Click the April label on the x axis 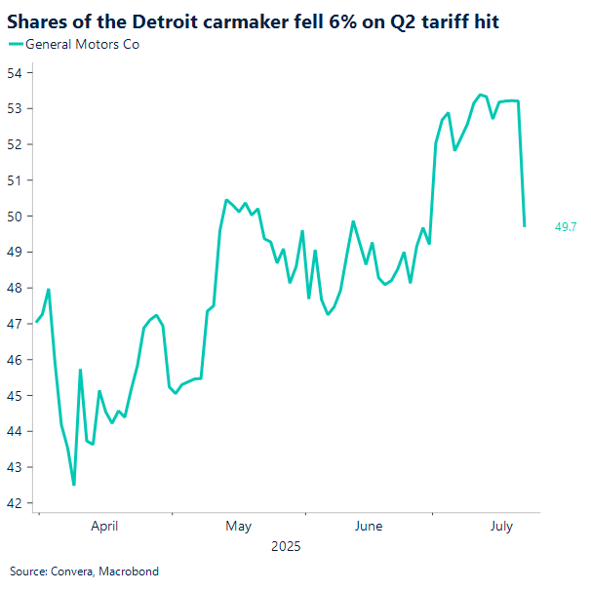click(104, 527)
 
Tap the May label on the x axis click(238, 527)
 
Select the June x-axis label click(369, 527)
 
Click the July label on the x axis click(500, 527)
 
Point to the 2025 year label click(287, 547)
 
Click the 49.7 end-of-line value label click(566, 227)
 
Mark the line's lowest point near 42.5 click(73, 485)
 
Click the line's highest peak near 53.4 click(480, 95)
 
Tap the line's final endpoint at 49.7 click(525, 226)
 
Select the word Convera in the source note click(71, 571)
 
